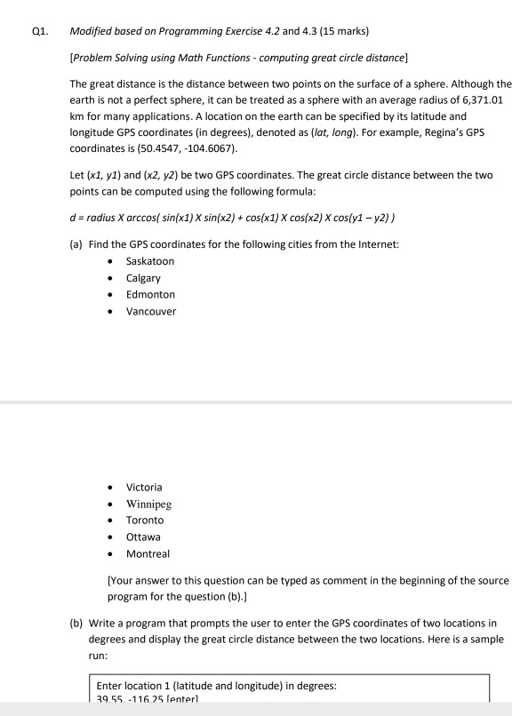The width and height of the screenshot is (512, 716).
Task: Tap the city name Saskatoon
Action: click(x=150, y=261)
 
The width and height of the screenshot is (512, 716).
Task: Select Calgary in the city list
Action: click(x=144, y=278)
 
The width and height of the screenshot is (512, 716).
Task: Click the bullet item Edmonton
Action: click(x=150, y=294)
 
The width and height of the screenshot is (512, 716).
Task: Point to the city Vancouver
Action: click(x=151, y=311)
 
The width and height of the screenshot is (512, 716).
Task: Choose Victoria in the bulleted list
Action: click(x=144, y=487)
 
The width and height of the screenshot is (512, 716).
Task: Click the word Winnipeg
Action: click(x=148, y=504)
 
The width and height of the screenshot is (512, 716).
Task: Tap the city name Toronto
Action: click(x=145, y=520)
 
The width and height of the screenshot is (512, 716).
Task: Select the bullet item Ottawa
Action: click(x=144, y=537)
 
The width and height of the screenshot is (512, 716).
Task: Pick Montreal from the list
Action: click(x=148, y=553)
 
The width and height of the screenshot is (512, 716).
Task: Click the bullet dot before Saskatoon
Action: click(x=108, y=262)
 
